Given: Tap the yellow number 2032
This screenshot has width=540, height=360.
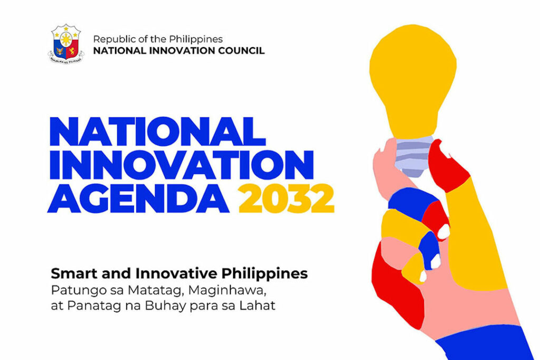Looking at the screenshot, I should [286, 198].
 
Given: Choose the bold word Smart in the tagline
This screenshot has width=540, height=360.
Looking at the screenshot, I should [67, 274].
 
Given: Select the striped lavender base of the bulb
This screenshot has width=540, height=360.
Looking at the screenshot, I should [413, 156].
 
